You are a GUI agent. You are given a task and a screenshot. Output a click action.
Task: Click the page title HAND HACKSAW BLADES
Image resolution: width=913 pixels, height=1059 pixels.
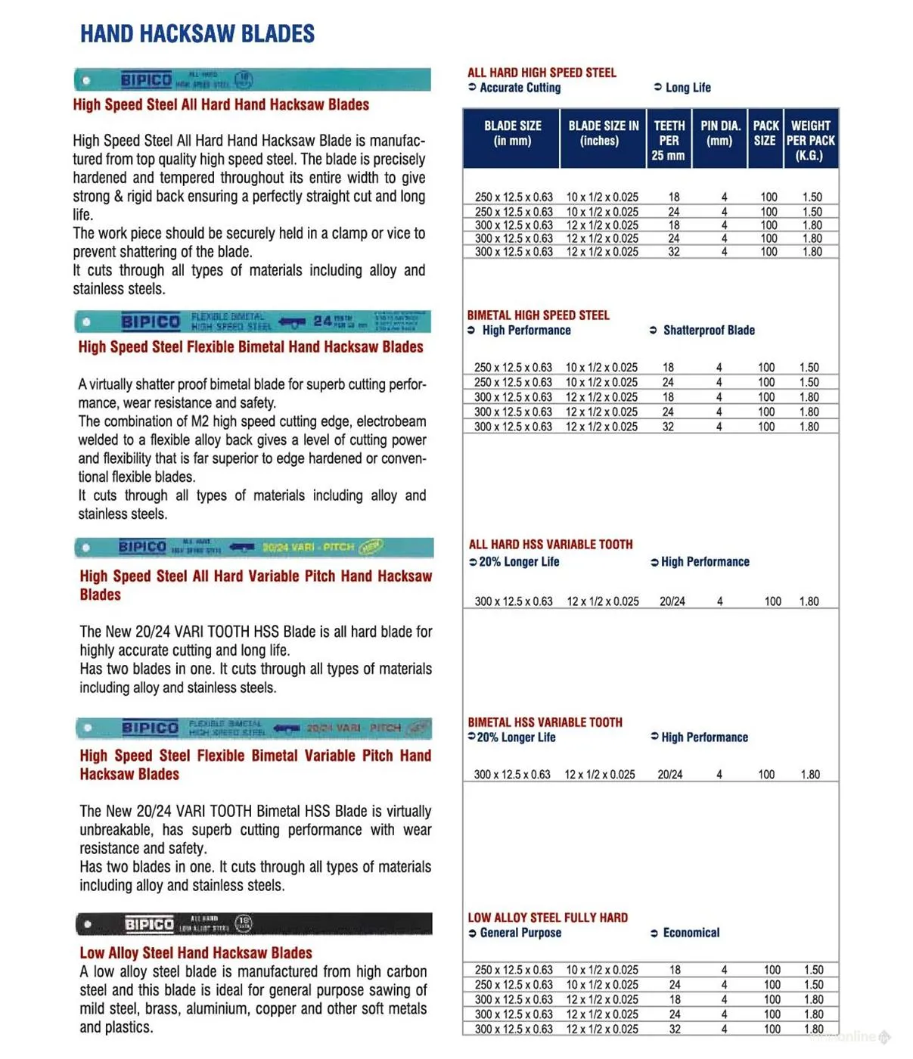(197, 34)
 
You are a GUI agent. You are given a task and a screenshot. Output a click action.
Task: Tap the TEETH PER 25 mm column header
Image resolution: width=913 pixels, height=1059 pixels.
(669, 141)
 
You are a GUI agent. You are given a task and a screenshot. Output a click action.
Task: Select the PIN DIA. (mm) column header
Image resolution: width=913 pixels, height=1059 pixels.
(719, 133)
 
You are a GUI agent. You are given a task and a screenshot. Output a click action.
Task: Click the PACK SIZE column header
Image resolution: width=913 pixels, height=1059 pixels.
(765, 133)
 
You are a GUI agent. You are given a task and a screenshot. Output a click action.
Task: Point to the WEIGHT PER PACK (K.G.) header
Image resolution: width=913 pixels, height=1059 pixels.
(810, 141)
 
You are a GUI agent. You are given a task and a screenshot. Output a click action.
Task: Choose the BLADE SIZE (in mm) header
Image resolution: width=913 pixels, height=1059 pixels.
(512, 133)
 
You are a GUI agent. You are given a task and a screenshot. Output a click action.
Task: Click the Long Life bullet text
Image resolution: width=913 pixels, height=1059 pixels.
(688, 88)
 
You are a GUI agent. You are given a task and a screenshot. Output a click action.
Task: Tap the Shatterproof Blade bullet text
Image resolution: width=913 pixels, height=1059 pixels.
(708, 331)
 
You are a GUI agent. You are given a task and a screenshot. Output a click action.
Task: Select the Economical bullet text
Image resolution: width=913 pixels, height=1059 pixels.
(691, 933)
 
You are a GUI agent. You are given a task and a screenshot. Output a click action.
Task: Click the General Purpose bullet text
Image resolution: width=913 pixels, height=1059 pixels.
(520, 933)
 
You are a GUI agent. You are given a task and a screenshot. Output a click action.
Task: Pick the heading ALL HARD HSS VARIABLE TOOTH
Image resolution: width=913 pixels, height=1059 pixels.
(551, 544)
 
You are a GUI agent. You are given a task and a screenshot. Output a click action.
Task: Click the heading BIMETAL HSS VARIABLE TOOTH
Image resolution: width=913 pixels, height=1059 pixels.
(545, 722)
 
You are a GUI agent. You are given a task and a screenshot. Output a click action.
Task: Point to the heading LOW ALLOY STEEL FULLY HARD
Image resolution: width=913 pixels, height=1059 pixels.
(548, 918)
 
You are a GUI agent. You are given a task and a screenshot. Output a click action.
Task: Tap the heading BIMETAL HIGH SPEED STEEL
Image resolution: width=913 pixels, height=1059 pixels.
(538, 315)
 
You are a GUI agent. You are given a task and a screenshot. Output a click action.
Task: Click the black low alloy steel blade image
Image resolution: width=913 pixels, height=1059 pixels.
(254, 924)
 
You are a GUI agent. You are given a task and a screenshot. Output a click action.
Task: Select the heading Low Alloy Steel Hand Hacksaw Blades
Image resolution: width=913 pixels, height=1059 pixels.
(196, 953)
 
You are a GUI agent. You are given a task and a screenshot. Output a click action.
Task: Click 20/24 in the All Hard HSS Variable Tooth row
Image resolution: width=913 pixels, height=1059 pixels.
(672, 601)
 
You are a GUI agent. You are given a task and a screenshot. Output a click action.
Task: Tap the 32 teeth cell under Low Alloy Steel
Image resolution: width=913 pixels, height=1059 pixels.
(675, 1029)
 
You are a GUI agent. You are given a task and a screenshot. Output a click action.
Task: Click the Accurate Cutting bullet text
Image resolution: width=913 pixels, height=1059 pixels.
(520, 88)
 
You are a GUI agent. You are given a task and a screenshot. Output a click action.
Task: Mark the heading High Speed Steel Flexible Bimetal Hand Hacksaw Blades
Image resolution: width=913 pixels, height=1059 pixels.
(250, 347)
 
